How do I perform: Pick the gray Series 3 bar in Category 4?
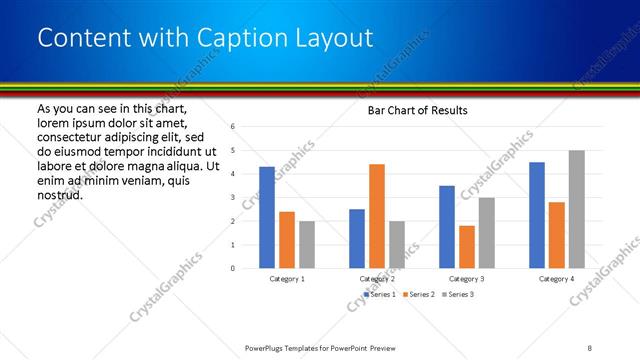576,209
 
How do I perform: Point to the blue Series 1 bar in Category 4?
537,215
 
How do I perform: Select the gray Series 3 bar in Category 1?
306,244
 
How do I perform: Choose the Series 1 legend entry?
378,295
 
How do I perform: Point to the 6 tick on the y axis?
232,127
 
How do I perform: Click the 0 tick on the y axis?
232,268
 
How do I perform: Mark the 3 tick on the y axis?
232,197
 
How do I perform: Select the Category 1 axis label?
287,279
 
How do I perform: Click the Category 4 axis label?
557,279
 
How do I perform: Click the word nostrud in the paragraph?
59,194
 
